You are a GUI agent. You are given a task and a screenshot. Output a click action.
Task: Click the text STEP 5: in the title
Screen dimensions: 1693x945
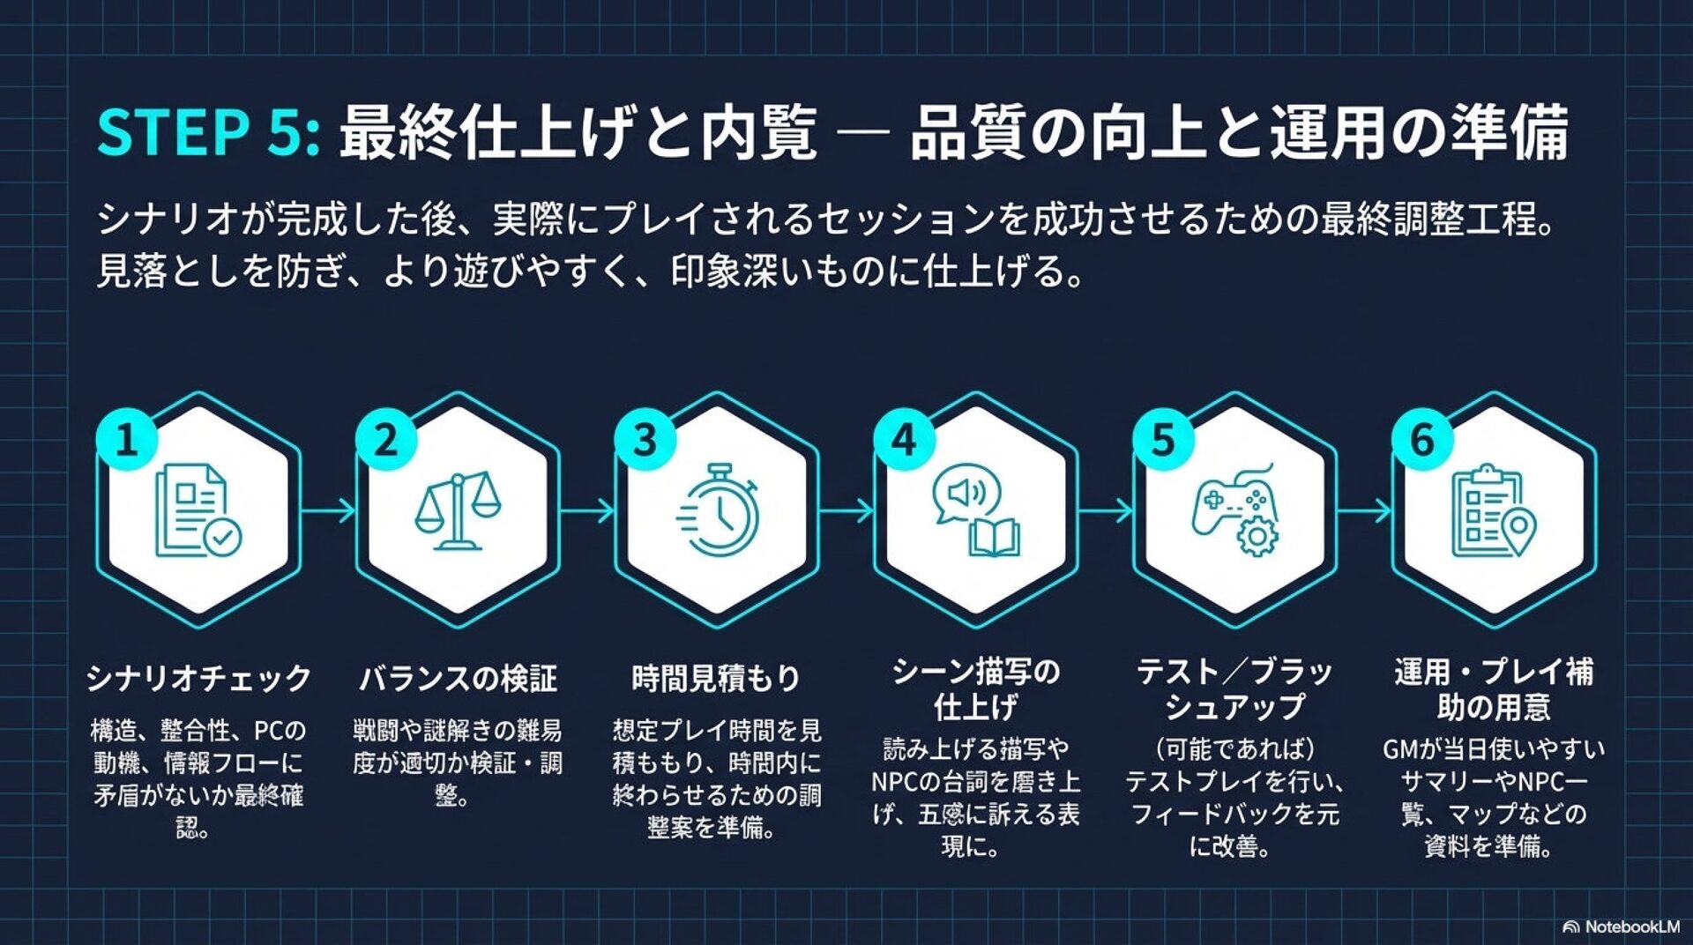pos(208,132)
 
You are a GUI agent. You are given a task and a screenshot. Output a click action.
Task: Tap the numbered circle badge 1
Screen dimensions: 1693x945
pos(127,439)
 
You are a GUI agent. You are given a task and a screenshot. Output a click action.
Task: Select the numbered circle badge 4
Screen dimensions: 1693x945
pos(904,439)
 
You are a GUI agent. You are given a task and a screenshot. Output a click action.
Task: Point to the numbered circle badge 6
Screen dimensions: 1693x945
pos(1422,439)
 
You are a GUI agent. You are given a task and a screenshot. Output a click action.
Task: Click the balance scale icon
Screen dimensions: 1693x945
pos(458,510)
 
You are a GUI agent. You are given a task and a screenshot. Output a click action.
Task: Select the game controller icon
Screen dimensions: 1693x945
pos(1235,510)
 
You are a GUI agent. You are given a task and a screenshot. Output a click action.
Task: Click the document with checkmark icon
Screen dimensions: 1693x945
pos(198,511)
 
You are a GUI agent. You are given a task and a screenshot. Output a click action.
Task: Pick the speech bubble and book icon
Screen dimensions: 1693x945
pos(976,510)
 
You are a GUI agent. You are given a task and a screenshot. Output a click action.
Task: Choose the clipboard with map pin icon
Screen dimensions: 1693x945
pos(1493,511)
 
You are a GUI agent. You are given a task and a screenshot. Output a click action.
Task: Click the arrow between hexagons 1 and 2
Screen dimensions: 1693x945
pos(328,510)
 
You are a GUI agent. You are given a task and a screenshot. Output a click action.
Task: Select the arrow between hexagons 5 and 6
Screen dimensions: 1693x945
pos(1364,510)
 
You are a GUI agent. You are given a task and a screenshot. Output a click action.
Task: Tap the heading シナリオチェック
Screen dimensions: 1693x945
pos(199,678)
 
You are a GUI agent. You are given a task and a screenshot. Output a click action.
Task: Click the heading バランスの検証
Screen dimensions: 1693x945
pos(458,678)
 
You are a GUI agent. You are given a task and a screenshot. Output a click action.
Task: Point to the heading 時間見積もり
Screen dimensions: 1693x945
pos(716,678)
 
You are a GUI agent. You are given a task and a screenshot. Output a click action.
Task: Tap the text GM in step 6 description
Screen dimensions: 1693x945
pos(1399,750)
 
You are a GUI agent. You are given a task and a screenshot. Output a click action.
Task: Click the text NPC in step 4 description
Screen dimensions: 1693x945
pos(897,782)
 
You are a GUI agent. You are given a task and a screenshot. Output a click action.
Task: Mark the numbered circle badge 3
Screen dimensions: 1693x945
pos(645,439)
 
